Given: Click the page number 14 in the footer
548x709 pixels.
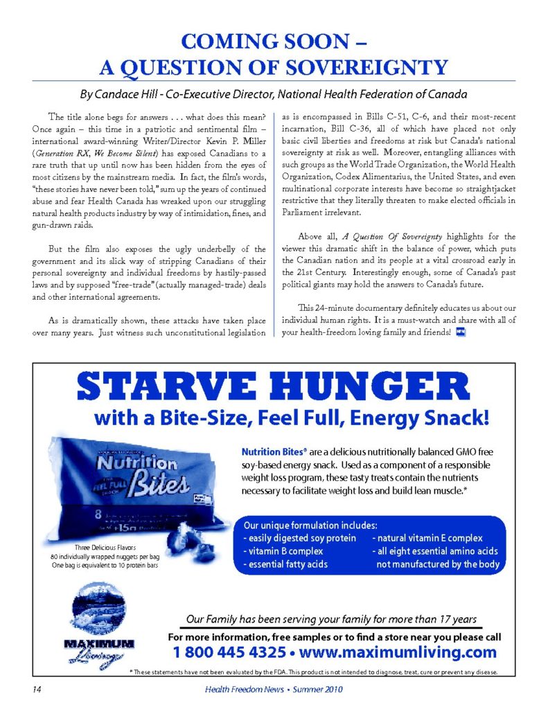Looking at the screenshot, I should [x=35, y=689].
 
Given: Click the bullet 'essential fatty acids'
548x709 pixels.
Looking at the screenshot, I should [x=285, y=564].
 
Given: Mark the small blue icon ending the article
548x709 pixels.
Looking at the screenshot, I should [x=461, y=332].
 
